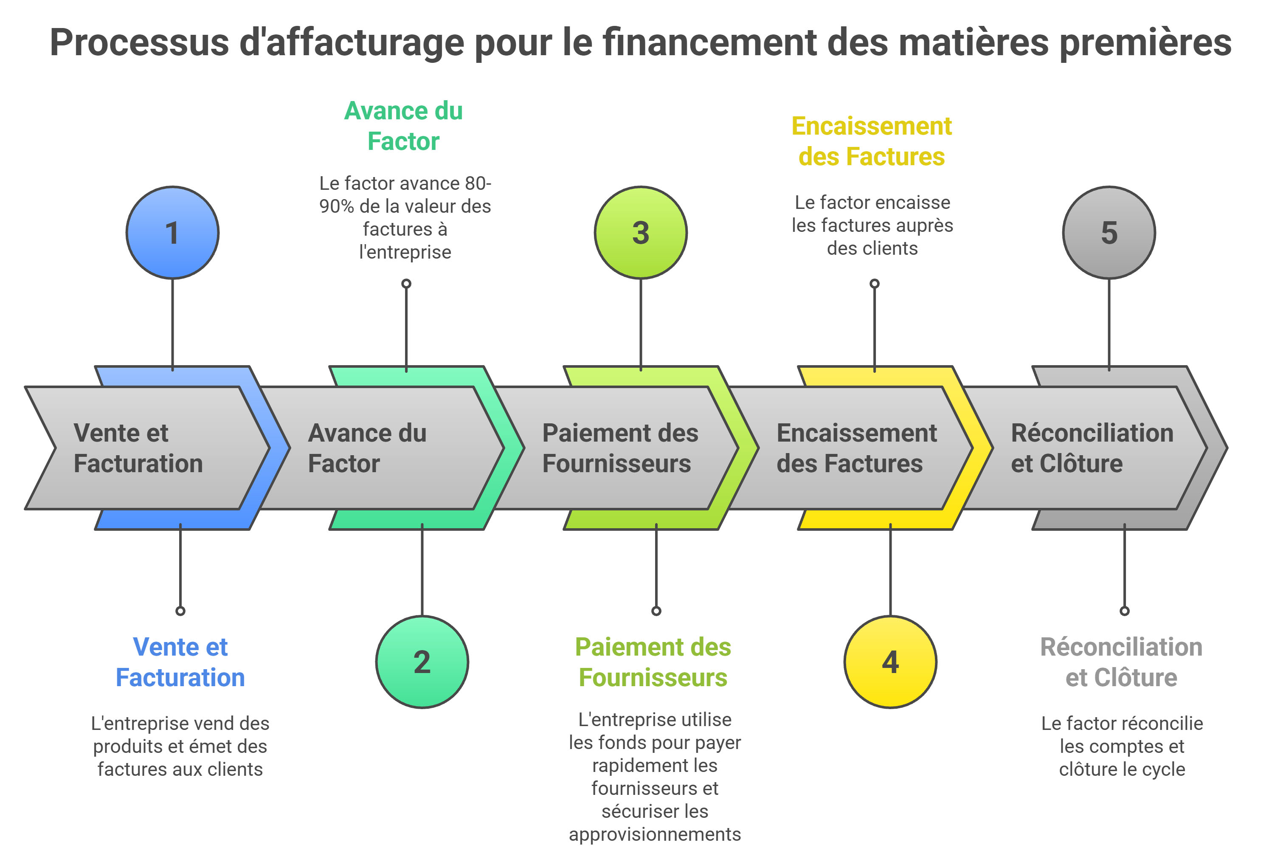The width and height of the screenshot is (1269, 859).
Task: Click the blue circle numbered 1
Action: (x=172, y=233)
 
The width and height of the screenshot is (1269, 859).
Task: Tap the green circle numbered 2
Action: (x=422, y=662)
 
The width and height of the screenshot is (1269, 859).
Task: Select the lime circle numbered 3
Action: (x=641, y=233)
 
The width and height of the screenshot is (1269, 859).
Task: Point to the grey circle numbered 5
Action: (x=1109, y=233)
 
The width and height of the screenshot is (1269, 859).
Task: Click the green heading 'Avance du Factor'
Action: (x=403, y=126)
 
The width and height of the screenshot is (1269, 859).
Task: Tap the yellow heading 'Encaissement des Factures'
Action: (x=872, y=141)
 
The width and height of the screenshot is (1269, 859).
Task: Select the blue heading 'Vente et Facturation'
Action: (x=180, y=662)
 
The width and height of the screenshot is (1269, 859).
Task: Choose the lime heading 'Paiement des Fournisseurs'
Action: (x=653, y=662)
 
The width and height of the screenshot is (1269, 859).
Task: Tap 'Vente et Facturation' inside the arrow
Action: (x=138, y=448)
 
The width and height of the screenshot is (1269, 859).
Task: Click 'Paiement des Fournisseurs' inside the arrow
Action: (x=620, y=448)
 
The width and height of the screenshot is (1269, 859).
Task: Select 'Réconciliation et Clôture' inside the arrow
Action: (x=1092, y=448)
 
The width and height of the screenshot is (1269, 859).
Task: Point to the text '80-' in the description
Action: (x=478, y=183)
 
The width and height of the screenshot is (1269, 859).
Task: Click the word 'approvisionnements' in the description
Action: (x=655, y=834)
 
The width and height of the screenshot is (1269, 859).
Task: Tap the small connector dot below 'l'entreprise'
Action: (x=406, y=283)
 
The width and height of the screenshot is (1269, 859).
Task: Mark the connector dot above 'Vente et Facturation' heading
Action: (x=180, y=611)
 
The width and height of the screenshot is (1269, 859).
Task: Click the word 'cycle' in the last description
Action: (x=1166, y=769)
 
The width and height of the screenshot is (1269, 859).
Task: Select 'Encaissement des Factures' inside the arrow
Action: (x=856, y=448)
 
